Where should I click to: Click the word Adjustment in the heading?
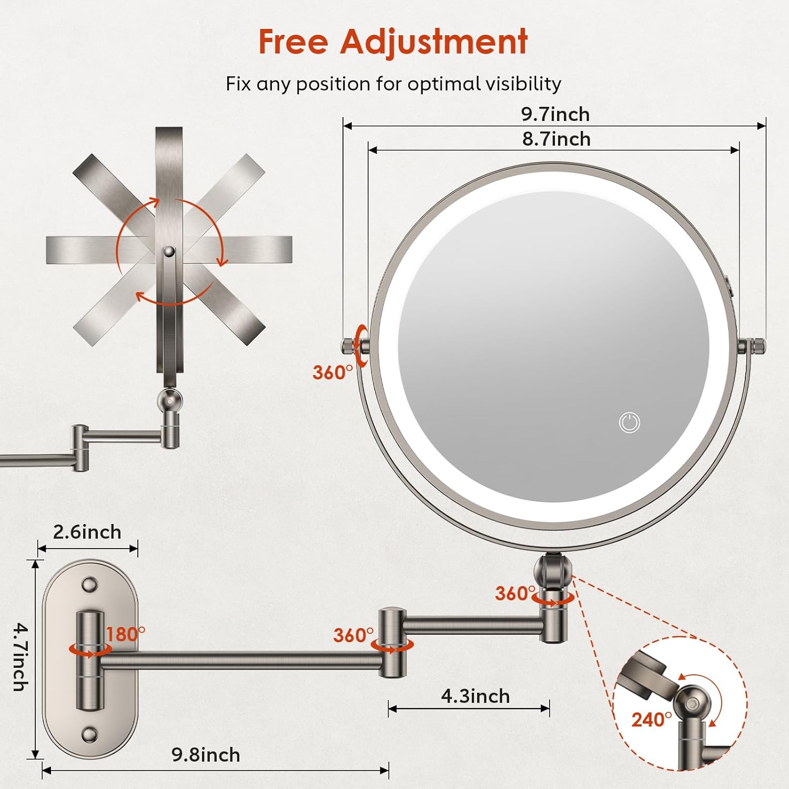coord(434,42)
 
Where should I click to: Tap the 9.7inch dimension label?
coord(555,114)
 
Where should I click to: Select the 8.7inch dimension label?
coord(556,139)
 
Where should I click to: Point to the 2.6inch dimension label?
coord(87,532)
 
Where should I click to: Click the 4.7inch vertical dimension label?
coord(20,657)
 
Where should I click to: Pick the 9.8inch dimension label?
coord(206,755)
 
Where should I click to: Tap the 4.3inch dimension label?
coord(475,696)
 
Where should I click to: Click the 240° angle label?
coord(651,719)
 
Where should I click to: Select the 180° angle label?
coord(126,634)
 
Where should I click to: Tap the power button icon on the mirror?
coord(629,422)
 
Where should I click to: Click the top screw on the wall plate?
coord(89,584)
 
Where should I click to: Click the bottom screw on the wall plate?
coord(89,734)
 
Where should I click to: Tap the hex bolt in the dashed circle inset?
coord(690,703)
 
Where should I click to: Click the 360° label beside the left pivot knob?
coord(332,372)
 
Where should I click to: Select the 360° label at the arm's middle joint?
coord(353,635)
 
